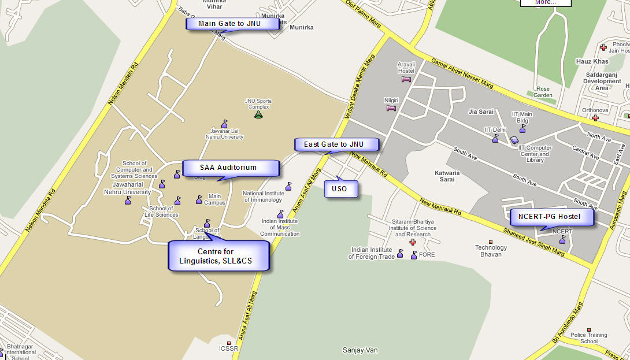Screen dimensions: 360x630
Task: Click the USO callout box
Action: [x=340, y=189]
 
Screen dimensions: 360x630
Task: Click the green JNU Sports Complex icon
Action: [x=258, y=114]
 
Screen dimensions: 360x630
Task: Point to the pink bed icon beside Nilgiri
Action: [x=392, y=107]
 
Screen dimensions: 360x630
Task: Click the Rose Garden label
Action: [x=543, y=92]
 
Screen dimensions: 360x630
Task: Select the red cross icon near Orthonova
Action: [x=595, y=118]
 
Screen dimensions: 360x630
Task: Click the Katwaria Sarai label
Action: [x=447, y=176]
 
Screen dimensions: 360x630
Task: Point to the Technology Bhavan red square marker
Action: [x=491, y=242]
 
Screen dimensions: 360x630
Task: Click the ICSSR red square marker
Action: [x=229, y=343]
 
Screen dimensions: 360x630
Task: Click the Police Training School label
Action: [x=588, y=338]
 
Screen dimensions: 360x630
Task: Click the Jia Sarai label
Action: [x=480, y=112]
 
